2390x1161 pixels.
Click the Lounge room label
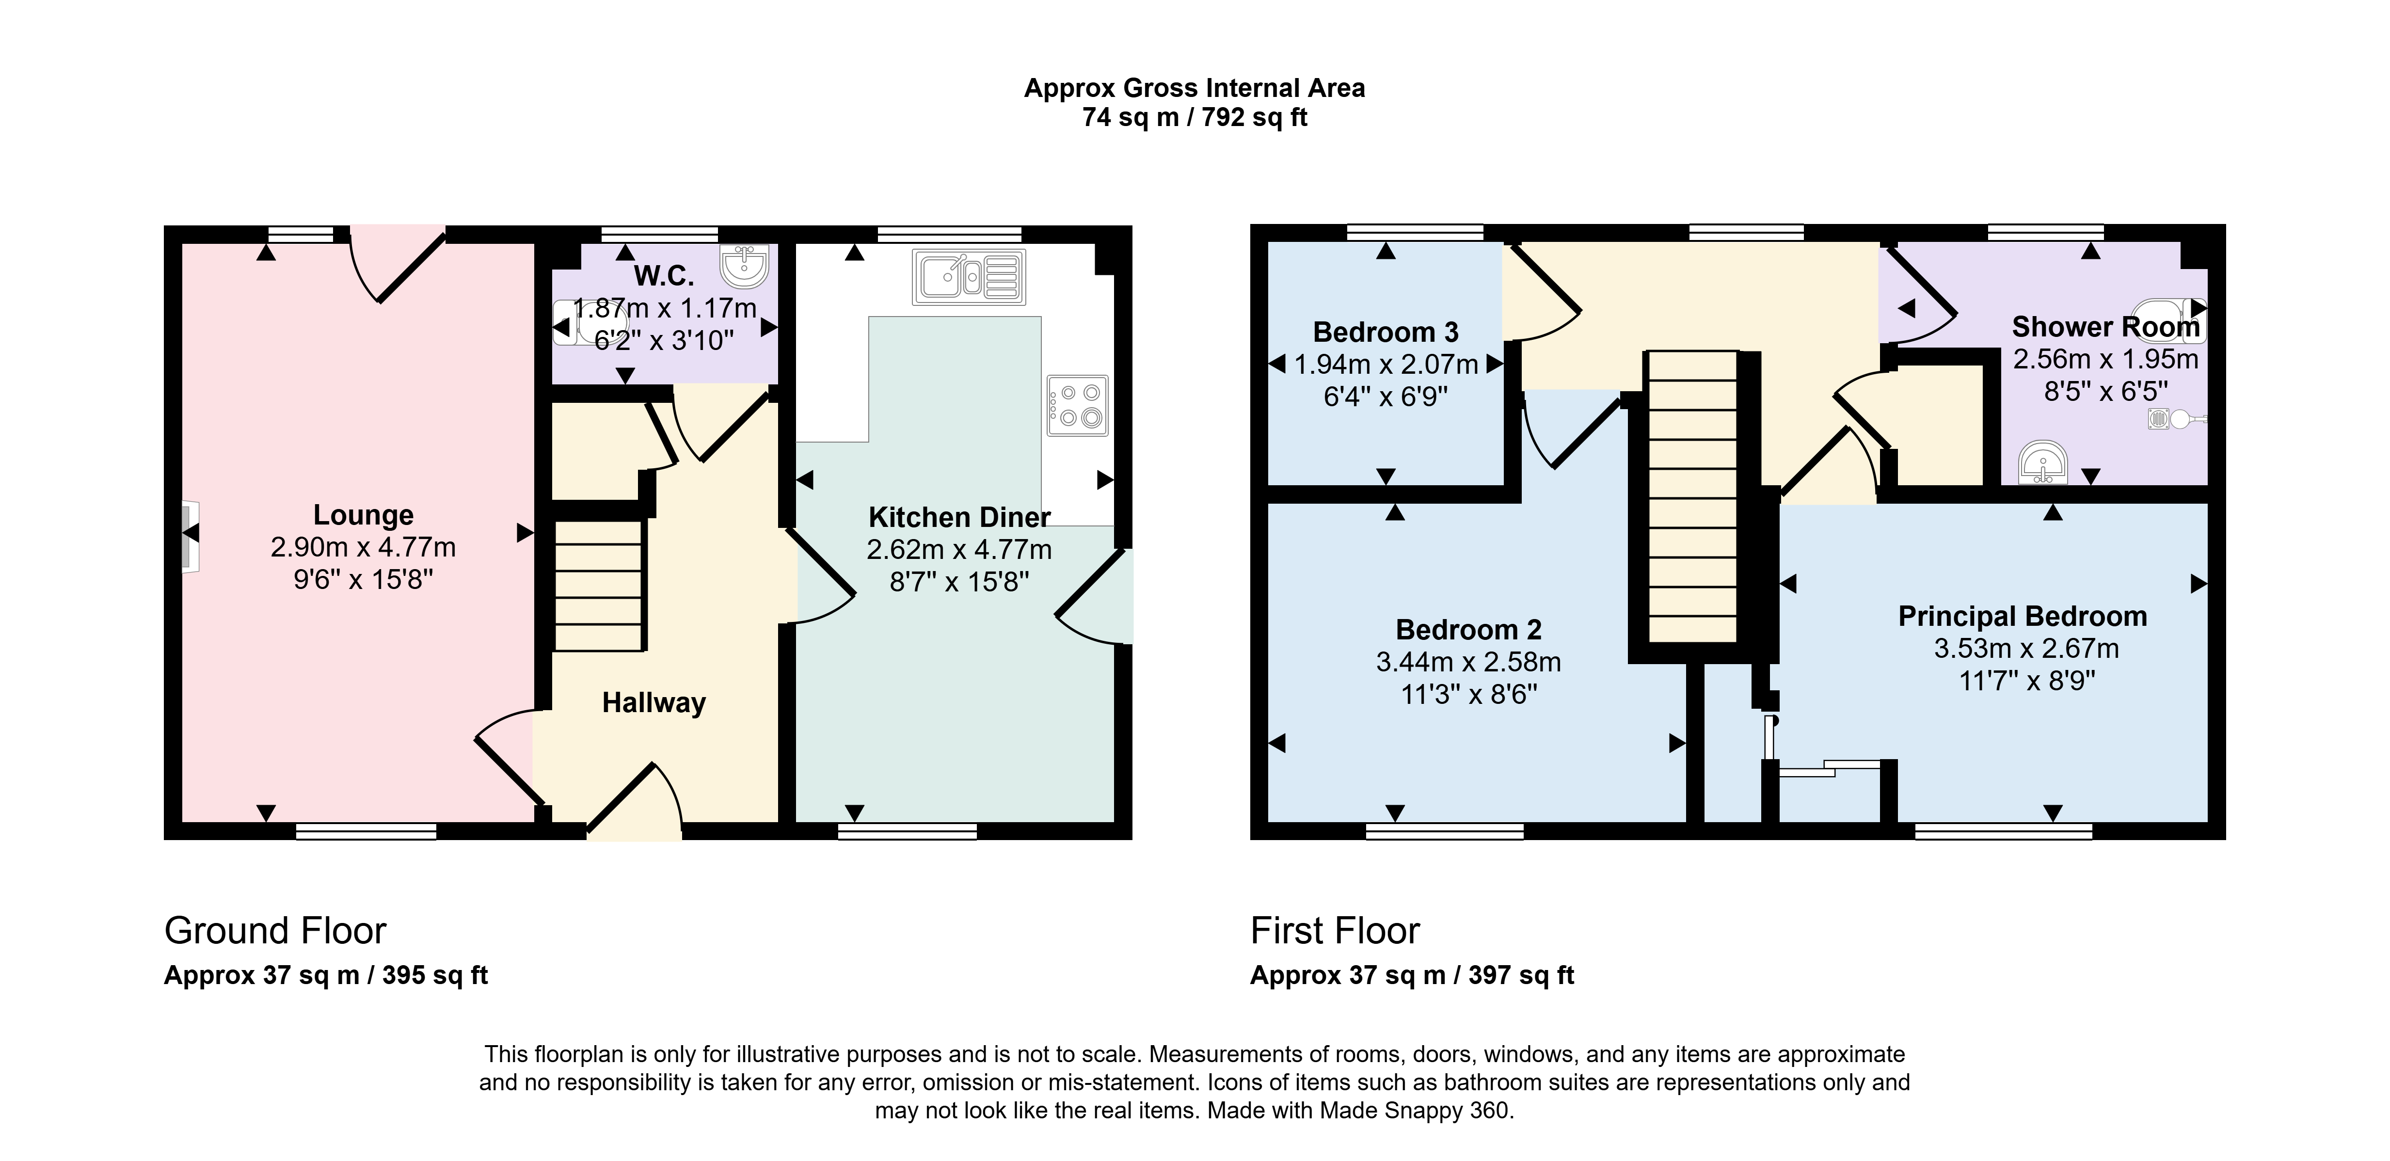363,515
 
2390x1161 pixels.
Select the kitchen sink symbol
969,277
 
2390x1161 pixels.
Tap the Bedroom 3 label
1385,332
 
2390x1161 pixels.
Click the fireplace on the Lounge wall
189,537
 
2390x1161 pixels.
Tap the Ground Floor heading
275,931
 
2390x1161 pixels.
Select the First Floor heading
1335,931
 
